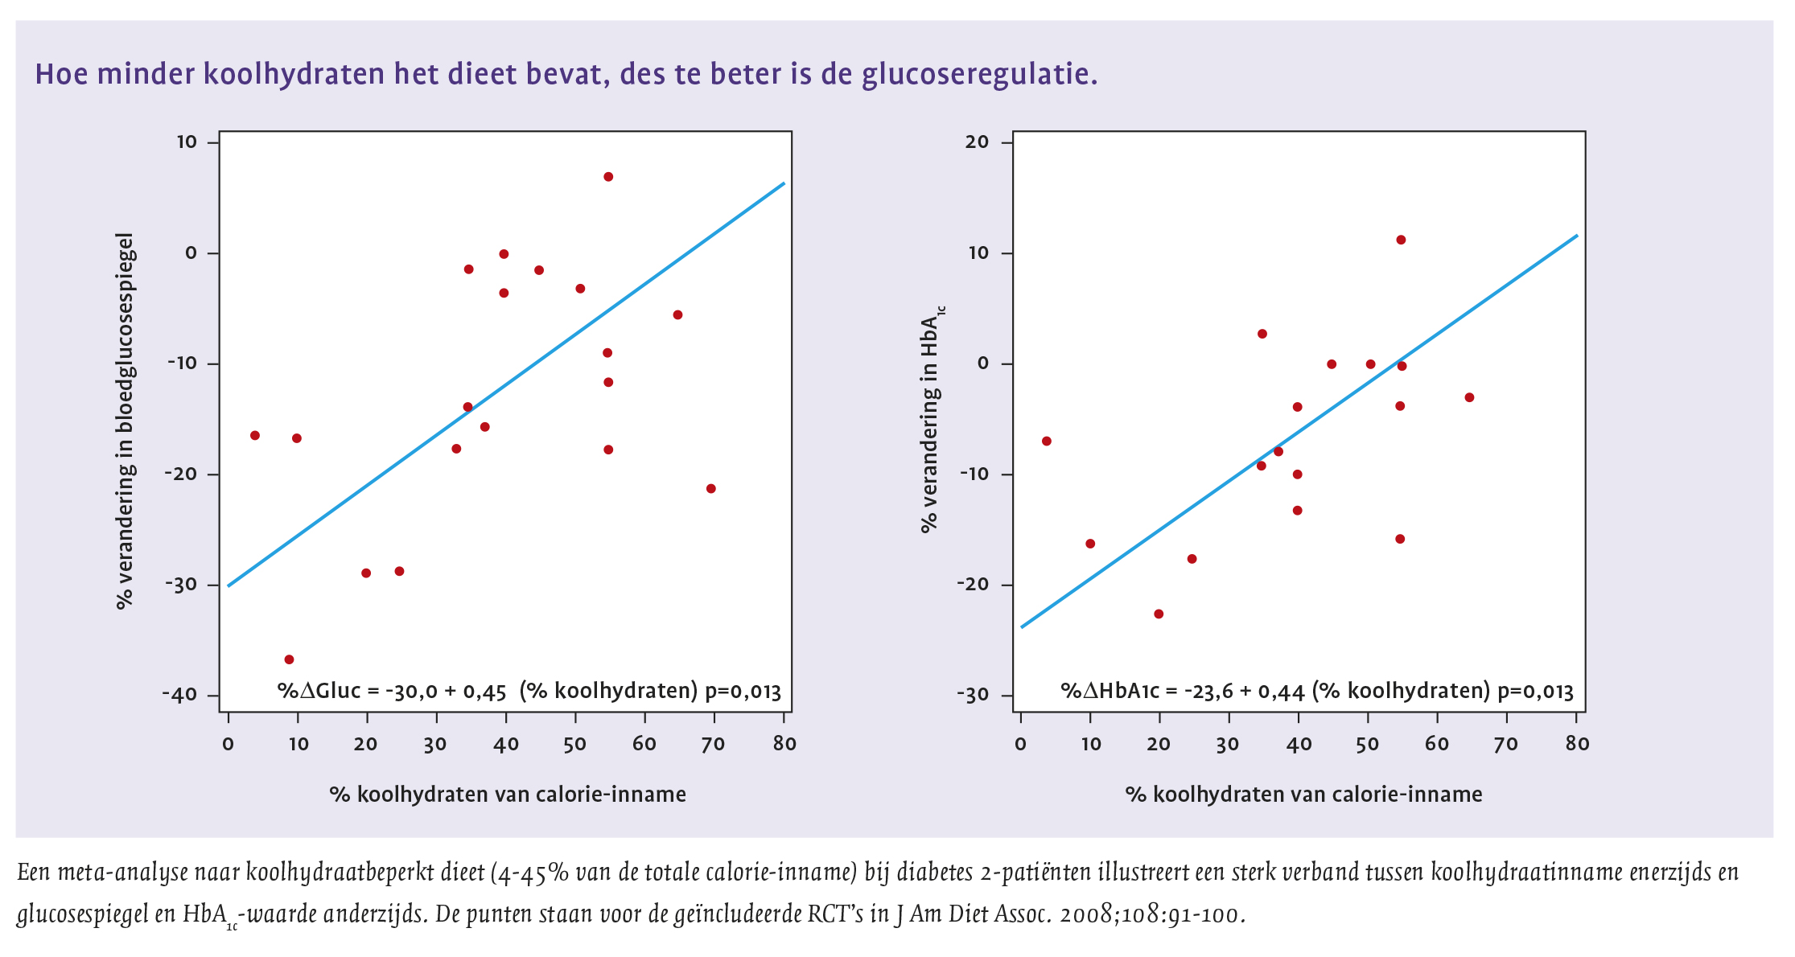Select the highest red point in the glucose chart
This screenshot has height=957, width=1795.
click(608, 177)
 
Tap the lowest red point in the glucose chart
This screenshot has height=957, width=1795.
click(289, 659)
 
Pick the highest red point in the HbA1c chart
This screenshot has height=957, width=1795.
click(1401, 240)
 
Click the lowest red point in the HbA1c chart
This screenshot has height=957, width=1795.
click(1159, 614)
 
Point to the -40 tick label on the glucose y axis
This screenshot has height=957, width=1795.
click(179, 695)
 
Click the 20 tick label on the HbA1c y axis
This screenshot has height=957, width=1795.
click(977, 142)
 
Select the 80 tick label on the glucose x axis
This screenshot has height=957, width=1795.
click(784, 744)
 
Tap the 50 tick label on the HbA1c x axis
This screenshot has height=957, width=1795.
click(1368, 744)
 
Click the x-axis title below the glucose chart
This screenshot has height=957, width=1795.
click(508, 795)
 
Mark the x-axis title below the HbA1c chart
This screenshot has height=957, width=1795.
click(1303, 795)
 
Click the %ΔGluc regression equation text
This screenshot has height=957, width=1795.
click(529, 691)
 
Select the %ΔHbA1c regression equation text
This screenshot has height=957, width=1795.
click(1316, 691)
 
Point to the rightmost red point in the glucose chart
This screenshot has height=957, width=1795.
click(710, 488)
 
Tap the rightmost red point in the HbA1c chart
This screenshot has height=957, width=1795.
click(1469, 397)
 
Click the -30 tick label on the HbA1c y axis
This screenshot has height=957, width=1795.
click(973, 695)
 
